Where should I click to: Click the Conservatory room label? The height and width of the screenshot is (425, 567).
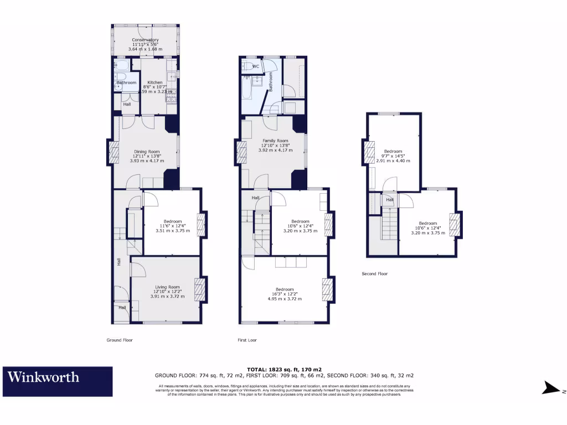[146, 40]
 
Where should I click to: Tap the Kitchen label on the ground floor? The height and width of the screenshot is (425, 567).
[155, 82]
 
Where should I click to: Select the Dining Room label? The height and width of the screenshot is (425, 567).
[147, 152]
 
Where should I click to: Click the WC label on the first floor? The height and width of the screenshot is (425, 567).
[256, 66]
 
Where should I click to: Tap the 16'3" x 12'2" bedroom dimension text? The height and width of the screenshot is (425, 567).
[284, 294]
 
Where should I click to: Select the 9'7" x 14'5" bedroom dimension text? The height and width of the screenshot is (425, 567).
[394, 156]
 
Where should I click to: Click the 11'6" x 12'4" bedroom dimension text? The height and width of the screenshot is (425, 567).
[172, 226]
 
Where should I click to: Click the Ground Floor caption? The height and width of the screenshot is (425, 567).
[120, 340]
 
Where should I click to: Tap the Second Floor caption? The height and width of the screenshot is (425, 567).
[375, 273]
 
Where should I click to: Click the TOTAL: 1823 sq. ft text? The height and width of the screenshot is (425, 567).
[283, 369]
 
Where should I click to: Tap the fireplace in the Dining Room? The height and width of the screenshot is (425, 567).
[115, 153]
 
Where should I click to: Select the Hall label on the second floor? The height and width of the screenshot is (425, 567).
[390, 200]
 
